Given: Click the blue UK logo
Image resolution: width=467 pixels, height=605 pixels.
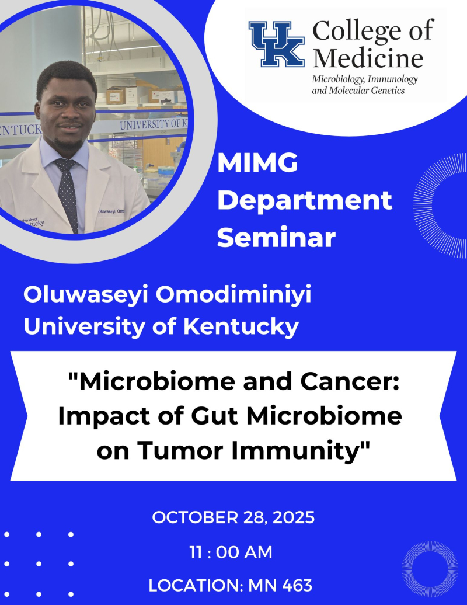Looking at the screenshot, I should [277, 44].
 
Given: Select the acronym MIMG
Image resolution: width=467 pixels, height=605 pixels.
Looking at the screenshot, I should [257, 164].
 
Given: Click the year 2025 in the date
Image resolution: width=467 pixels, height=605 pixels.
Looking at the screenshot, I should [291, 517].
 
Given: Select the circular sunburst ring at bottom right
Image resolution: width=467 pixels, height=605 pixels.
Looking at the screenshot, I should [430, 568].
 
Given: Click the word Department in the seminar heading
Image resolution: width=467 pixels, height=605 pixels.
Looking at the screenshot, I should [308, 201].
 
